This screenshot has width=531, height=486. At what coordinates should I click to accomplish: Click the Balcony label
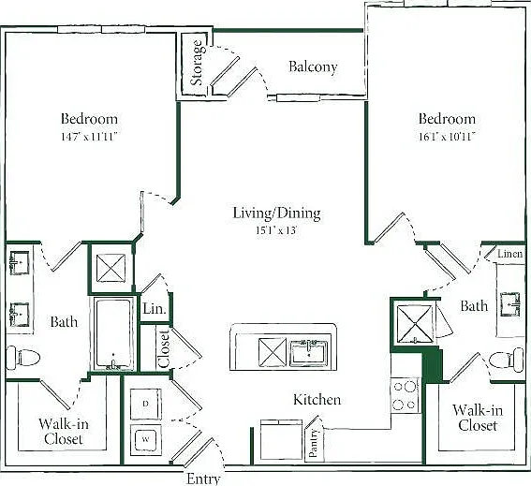313,66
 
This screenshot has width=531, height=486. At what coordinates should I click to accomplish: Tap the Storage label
197,63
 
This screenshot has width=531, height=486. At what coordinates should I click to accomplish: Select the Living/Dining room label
276,213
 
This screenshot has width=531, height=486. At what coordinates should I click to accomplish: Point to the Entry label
203,479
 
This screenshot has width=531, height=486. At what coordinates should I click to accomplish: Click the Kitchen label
317,400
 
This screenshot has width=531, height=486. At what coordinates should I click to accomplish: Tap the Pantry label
314,443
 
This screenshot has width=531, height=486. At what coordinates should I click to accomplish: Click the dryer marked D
146,404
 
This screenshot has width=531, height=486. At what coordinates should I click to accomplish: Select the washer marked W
146,440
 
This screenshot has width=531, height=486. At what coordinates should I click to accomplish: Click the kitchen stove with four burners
405,395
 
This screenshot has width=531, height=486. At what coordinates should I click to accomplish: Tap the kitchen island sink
309,353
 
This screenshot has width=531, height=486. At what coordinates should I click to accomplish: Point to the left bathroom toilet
23,358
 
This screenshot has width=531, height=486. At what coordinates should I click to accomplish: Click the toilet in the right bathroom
507,360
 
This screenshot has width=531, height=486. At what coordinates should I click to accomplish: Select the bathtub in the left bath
114,334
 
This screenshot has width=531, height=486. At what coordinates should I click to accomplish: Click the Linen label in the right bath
510,254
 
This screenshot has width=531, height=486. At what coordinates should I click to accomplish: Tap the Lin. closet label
155,308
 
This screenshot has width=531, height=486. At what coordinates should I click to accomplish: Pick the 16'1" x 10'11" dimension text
447,137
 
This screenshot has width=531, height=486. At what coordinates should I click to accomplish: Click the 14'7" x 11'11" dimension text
89,137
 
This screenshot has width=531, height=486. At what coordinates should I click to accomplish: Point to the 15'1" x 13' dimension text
276,230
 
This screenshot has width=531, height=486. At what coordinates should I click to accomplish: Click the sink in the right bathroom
510,304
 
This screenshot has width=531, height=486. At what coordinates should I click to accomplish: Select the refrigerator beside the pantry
281,439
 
